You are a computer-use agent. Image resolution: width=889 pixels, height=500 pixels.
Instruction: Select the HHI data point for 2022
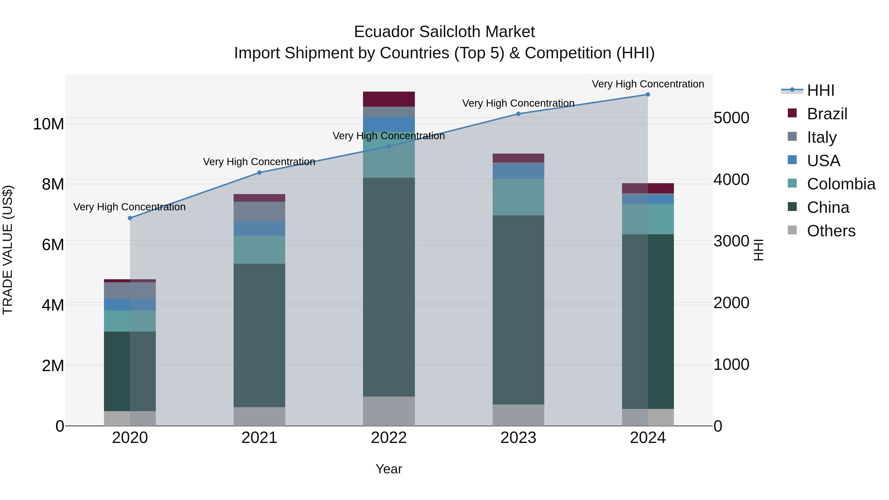click(x=389, y=146)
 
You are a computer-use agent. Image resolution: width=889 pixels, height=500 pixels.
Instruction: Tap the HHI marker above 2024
click(x=648, y=95)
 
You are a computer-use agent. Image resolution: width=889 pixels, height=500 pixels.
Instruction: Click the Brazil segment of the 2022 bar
click(x=389, y=99)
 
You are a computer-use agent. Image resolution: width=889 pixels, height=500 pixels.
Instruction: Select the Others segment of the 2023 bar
click(x=518, y=415)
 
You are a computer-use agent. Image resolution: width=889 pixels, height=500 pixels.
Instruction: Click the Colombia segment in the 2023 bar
click(x=518, y=197)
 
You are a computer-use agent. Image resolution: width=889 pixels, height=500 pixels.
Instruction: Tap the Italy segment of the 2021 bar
click(x=259, y=211)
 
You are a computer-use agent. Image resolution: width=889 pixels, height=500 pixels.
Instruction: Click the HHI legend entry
click(x=820, y=90)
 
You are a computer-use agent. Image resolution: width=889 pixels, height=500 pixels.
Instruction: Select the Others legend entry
click(x=831, y=231)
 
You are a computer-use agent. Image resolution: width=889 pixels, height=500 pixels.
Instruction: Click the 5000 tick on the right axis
click(x=731, y=118)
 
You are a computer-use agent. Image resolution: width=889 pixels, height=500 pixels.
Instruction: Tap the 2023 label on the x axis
click(x=518, y=438)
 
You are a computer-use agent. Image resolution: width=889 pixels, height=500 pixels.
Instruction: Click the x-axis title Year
click(x=389, y=469)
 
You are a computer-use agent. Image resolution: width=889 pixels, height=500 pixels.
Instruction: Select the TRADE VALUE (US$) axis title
click(x=8, y=250)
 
